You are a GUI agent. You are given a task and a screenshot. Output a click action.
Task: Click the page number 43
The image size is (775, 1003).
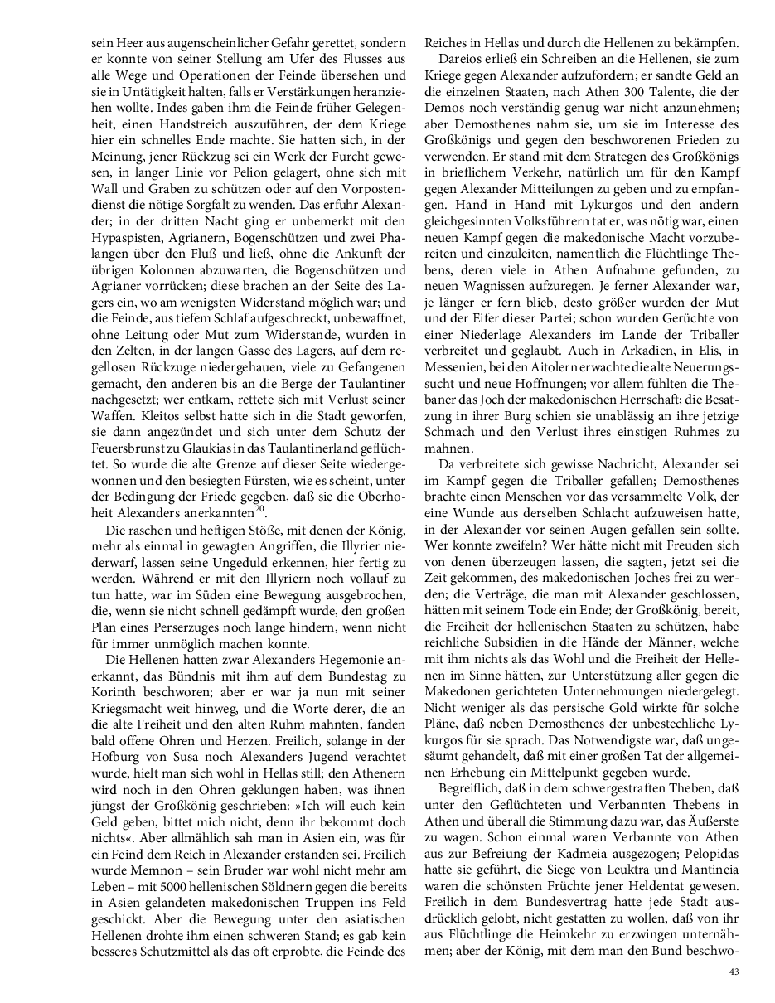734,972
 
